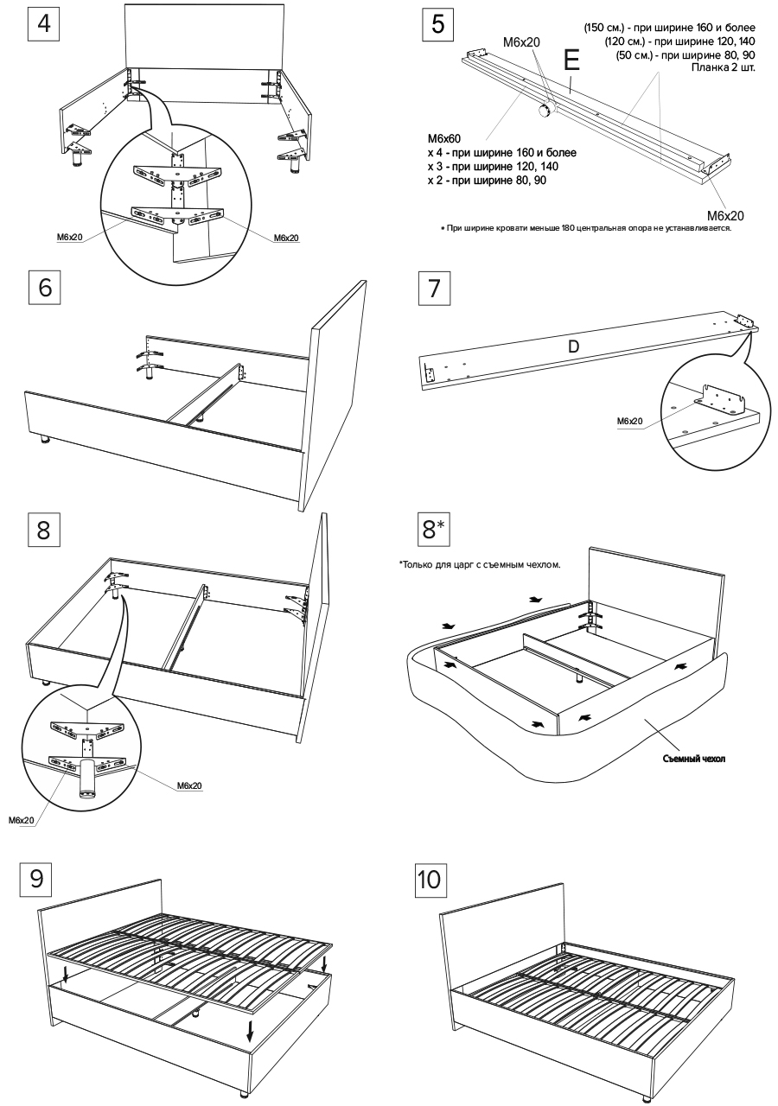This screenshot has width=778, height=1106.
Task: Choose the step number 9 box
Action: tap(36, 877)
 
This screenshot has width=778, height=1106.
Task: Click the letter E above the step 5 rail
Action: tap(571, 60)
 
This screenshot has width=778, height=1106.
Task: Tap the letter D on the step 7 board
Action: tap(572, 346)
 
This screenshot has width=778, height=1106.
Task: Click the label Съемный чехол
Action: tap(689, 759)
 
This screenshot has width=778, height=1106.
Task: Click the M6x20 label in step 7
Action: tap(629, 421)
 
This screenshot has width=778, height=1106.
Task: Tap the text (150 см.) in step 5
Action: tap(609, 29)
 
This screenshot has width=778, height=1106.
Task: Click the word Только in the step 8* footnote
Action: tap(417, 565)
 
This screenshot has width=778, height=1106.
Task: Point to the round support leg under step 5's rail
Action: tap(545, 110)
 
